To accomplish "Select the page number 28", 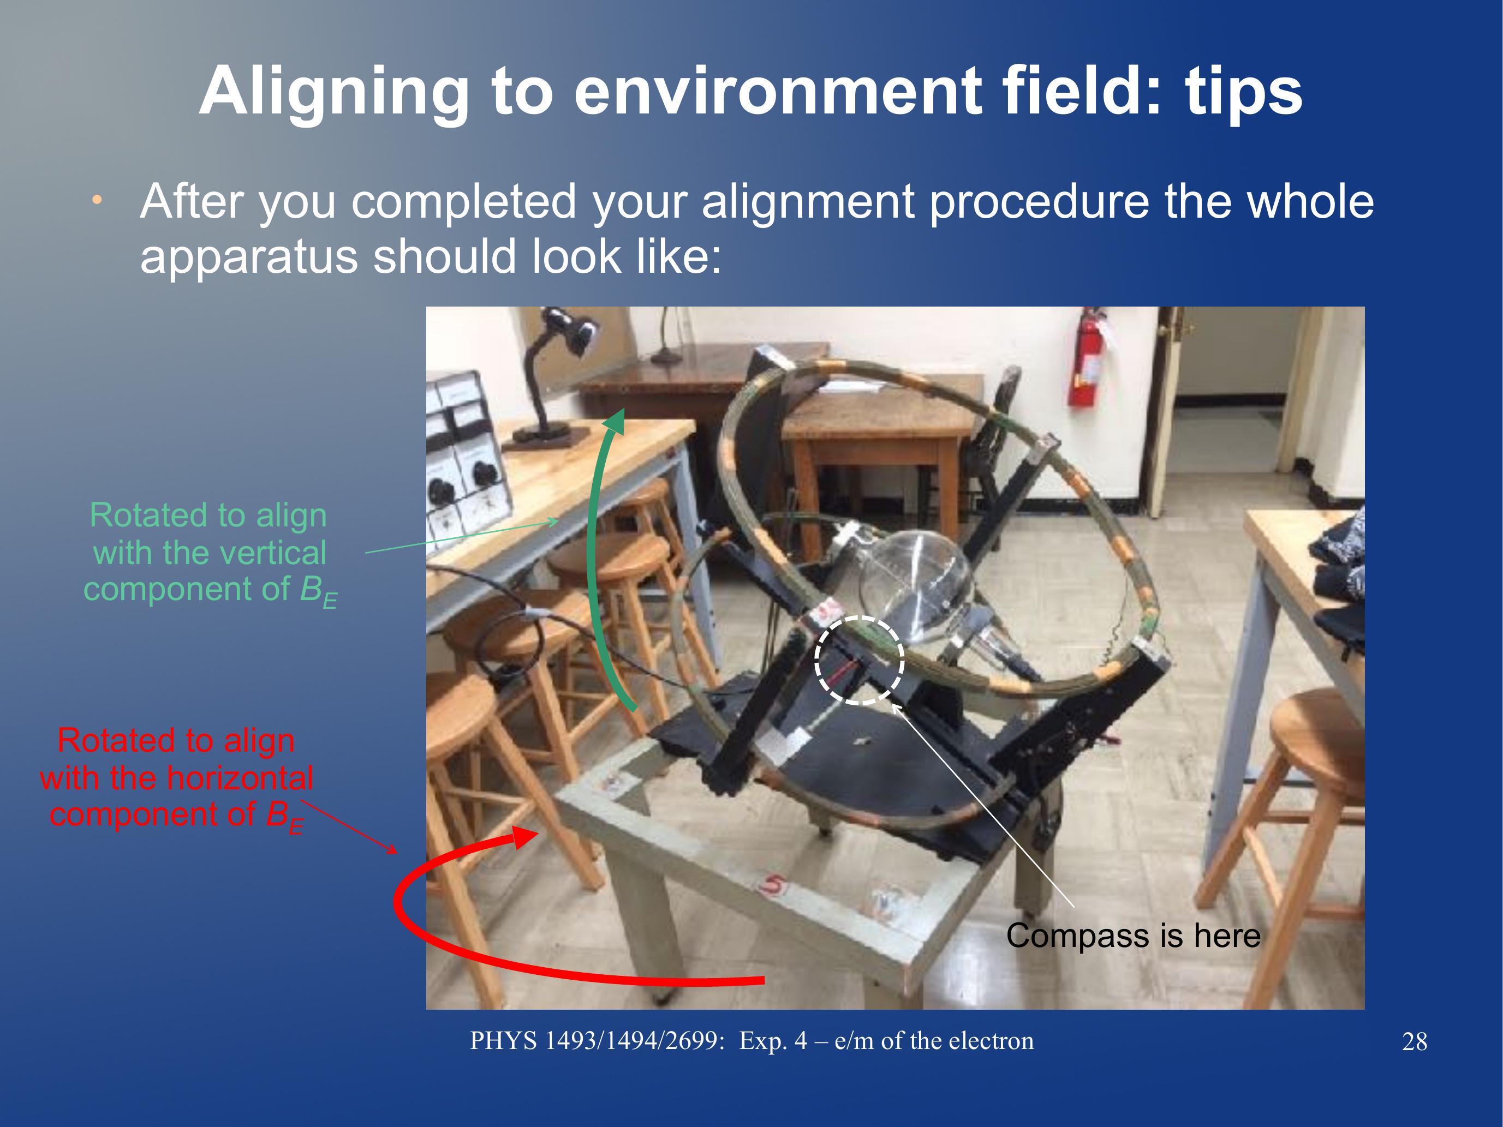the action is coord(1414,1041).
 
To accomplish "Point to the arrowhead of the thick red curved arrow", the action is coord(525,837).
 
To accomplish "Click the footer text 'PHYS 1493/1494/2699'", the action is coord(597,1041).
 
